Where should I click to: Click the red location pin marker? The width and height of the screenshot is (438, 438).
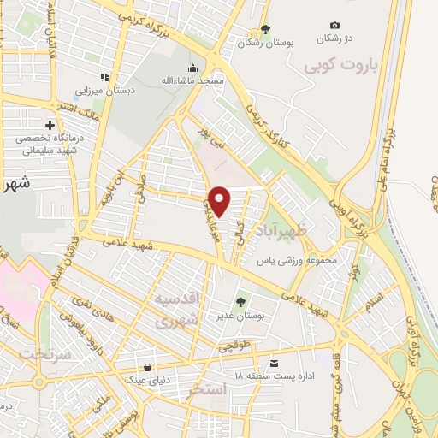click(x=220, y=201)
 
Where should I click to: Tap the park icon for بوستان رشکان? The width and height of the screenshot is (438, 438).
click(x=265, y=29)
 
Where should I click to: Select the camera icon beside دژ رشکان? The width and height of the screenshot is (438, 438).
click(x=334, y=26)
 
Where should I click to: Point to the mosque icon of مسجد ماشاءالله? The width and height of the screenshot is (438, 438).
click(x=193, y=68)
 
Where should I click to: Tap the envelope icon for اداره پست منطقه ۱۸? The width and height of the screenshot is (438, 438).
click(x=273, y=362)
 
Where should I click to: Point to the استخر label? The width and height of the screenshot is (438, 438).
click(x=211, y=389)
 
